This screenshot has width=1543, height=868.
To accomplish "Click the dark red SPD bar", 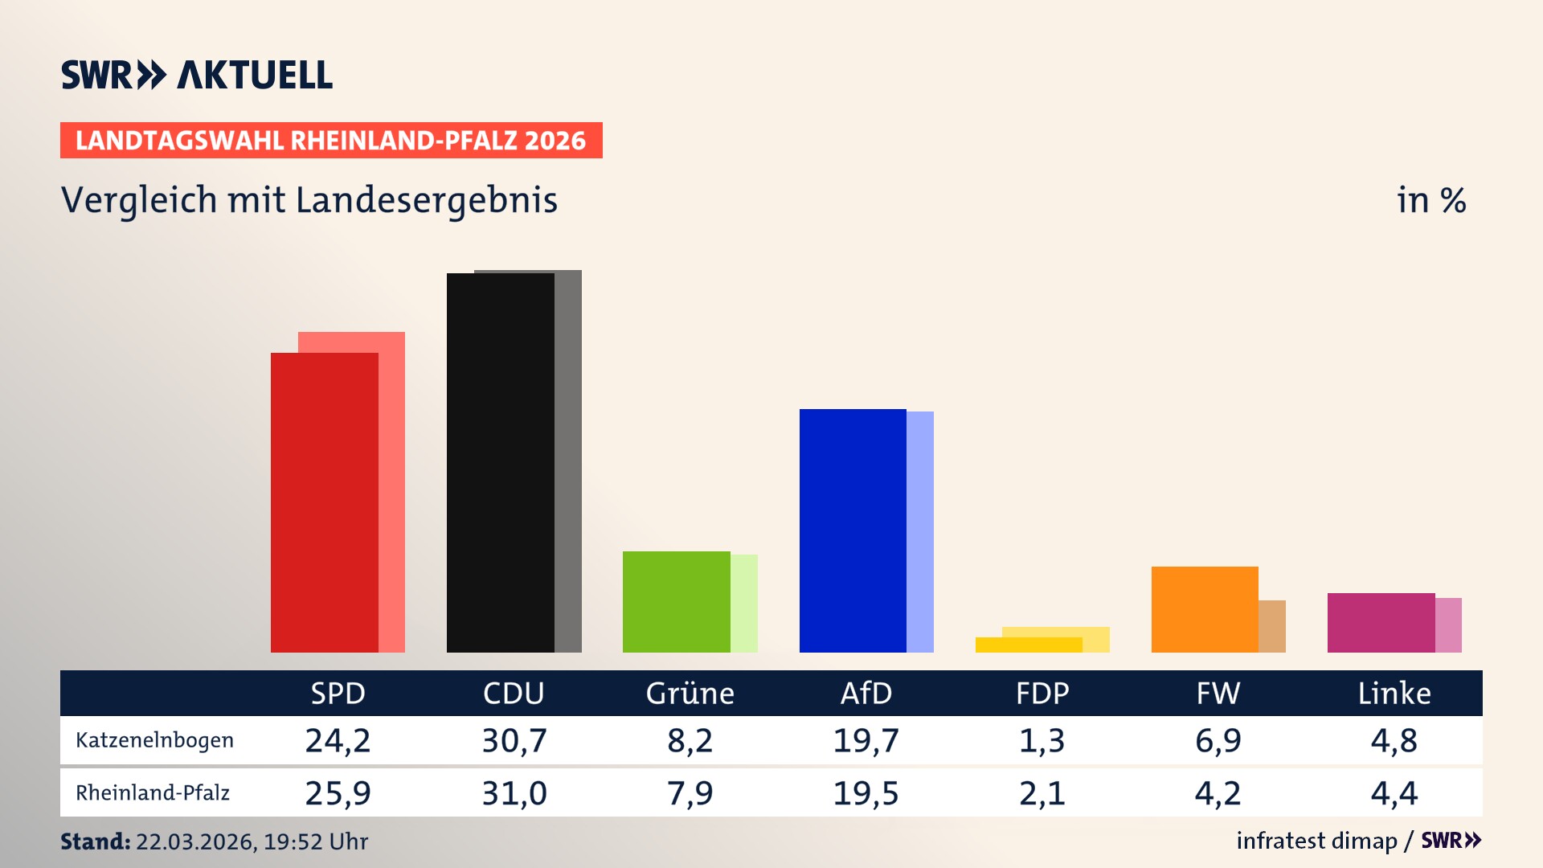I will tap(324, 502).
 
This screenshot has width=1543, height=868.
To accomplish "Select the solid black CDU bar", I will tap(500, 462).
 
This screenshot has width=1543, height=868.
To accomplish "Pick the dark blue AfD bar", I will tap(852, 530).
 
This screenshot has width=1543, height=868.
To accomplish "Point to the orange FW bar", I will tap(1204, 609).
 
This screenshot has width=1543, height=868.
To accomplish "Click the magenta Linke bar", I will tap(1380, 623).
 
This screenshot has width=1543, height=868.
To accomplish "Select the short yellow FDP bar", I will tap(1028, 645).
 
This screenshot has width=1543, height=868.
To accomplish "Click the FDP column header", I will tap(1042, 694).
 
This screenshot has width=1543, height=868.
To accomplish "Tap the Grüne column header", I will tap(690, 694).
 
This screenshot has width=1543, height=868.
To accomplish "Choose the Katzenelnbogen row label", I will tap(154, 740).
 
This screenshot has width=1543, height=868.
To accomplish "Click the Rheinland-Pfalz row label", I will tap(153, 793).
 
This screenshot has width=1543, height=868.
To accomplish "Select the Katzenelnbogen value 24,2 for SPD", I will tap(338, 740).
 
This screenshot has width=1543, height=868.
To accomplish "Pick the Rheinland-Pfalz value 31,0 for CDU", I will tap(514, 793).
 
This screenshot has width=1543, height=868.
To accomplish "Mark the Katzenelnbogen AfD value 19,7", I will tap(866, 740).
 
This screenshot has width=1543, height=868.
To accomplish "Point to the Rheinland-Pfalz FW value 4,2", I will tap(1218, 793).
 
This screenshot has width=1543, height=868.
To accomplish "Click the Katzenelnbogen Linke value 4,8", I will tap(1394, 740).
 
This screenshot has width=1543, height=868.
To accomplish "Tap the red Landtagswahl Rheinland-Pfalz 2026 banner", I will tap(331, 141).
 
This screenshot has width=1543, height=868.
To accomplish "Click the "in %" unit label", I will tap(1430, 200).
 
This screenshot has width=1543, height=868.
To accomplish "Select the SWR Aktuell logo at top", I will tap(197, 75).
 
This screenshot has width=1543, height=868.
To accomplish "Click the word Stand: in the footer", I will tap(95, 841).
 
